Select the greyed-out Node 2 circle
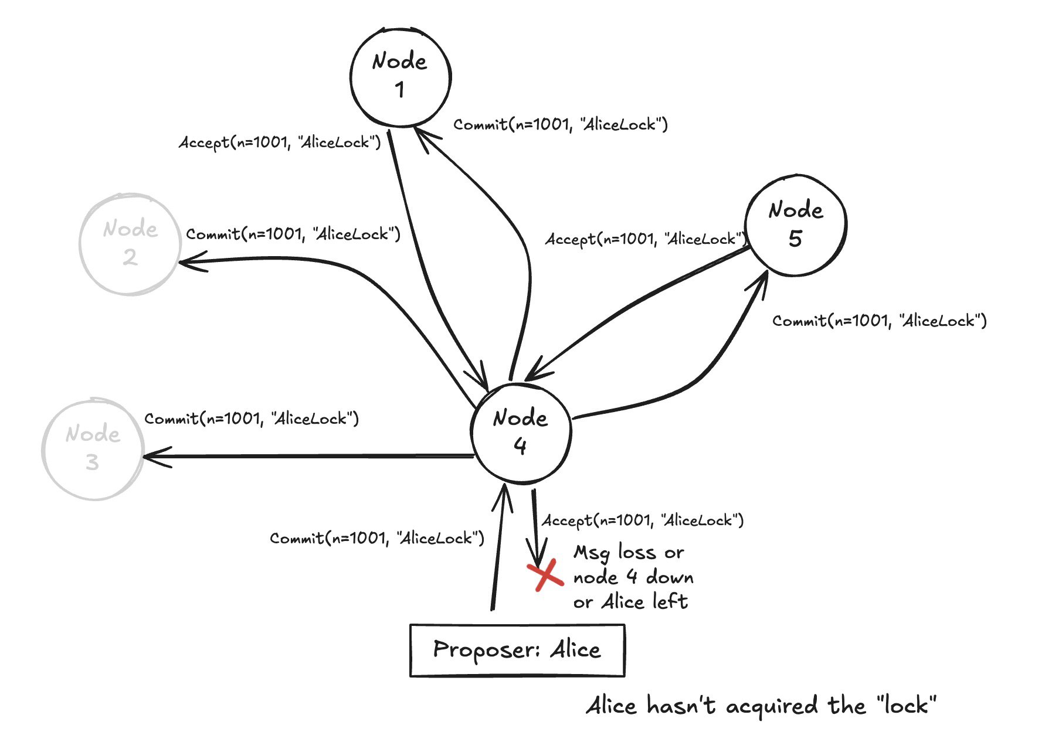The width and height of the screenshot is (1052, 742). (x=130, y=244)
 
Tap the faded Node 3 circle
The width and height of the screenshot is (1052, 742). (x=93, y=449)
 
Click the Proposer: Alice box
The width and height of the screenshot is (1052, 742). (x=517, y=650)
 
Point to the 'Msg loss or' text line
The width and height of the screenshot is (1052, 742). (x=628, y=553)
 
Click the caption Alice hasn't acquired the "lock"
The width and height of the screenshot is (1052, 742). (x=761, y=705)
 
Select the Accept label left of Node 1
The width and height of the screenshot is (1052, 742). (x=280, y=142)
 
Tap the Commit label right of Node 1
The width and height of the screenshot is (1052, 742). (x=560, y=124)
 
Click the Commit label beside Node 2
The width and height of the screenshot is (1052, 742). (x=293, y=234)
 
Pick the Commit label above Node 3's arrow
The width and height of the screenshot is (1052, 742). (x=252, y=418)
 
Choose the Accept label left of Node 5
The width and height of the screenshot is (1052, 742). (x=645, y=239)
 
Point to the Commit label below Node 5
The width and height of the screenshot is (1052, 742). (x=879, y=321)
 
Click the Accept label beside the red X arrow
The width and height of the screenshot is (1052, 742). (x=642, y=520)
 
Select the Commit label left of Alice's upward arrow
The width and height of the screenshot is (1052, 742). (x=377, y=538)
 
